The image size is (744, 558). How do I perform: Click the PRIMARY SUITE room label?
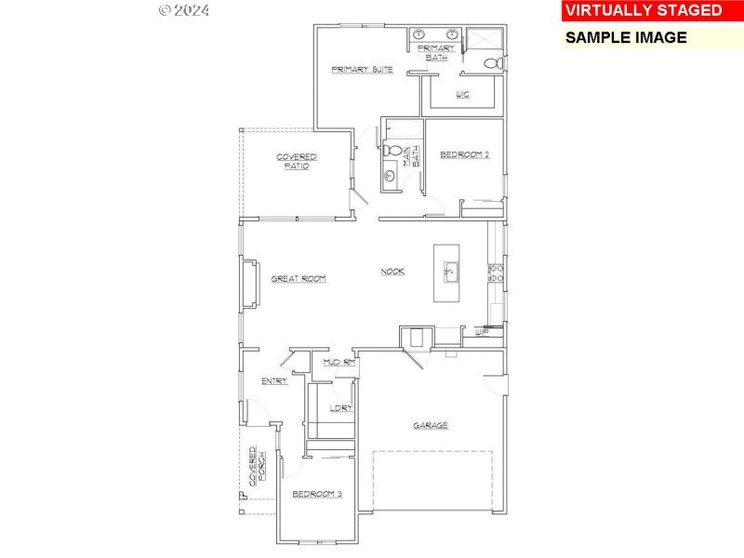point(363,70)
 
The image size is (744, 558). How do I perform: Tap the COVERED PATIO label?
point(297,161)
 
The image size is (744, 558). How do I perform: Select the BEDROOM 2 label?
point(464,154)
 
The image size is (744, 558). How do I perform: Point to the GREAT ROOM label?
point(298,278)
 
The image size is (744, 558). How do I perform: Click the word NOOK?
point(392,272)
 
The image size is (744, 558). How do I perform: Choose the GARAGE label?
point(431,425)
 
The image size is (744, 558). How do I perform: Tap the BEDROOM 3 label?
point(317,494)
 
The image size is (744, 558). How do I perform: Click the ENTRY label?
point(274,380)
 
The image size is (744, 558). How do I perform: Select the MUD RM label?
point(339,362)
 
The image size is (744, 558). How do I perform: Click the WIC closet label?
point(462,94)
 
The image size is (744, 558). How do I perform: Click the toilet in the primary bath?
point(495,63)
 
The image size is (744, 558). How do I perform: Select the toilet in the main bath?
point(392,151)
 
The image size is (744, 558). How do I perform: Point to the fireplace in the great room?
point(247,285)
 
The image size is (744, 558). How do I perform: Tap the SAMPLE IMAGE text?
point(626,38)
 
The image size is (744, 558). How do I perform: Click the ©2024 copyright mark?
point(184,10)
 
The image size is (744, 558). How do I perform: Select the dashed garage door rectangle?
point(432,480)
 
